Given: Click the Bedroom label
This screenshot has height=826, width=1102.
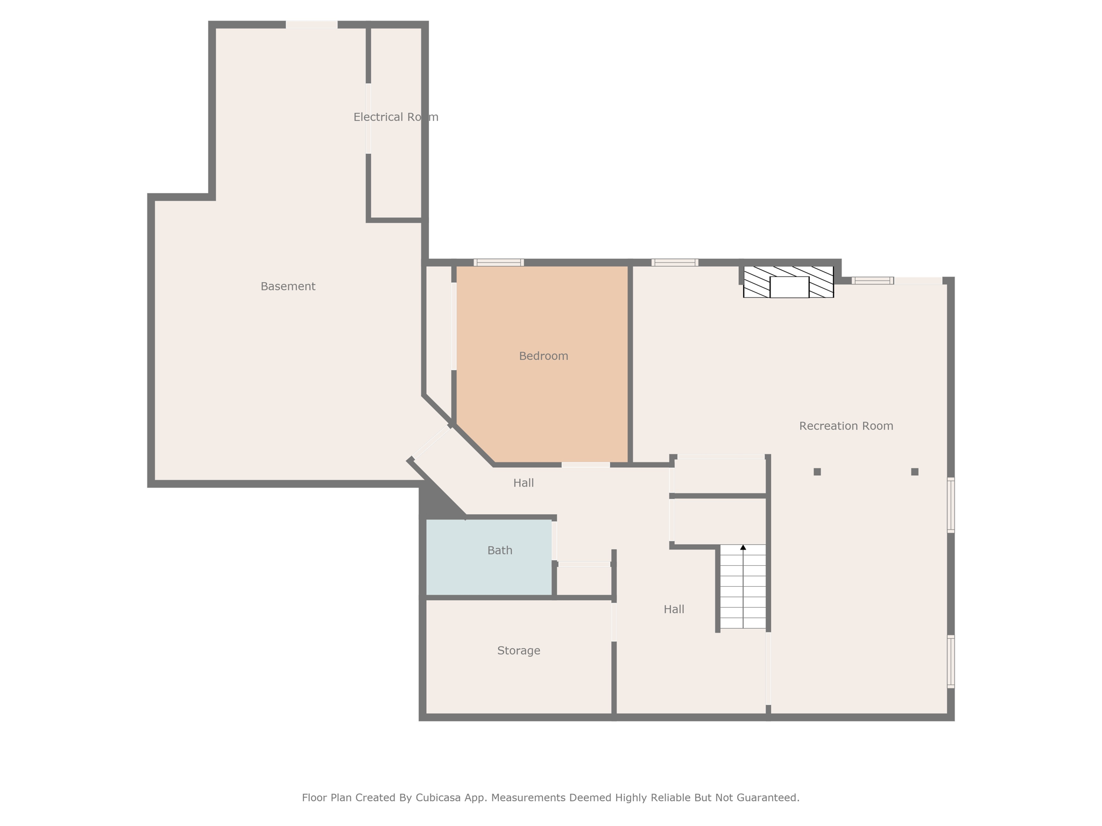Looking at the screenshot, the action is pos(543,356).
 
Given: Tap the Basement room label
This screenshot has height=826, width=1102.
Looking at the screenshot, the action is pos(288,287).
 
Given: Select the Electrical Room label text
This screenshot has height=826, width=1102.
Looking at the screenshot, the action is pos(396,117).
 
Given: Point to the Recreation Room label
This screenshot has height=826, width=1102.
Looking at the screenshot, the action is pos(846,426).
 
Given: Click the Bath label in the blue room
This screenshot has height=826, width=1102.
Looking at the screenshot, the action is pos(500,550).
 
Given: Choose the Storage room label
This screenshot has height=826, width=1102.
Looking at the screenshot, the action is pos(519,651).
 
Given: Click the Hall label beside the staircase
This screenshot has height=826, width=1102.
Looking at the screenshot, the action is pos(674,609).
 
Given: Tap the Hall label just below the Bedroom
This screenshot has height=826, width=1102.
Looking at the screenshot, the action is pos(524,483).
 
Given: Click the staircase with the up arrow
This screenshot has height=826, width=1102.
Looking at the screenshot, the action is pos(743,587).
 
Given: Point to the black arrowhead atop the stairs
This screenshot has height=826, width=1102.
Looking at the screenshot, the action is pos(743,547).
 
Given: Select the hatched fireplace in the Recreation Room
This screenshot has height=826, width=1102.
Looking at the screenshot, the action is pos(788,282).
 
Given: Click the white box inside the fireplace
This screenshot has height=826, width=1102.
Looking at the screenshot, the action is pos(789,287).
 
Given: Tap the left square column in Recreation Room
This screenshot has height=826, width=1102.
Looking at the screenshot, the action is pos(817,472).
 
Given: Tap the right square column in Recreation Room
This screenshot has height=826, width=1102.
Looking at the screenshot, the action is pos(915,472).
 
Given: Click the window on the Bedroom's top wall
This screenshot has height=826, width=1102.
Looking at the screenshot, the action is pos(499,262).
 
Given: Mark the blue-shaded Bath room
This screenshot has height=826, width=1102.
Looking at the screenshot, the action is pos(489,557).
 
